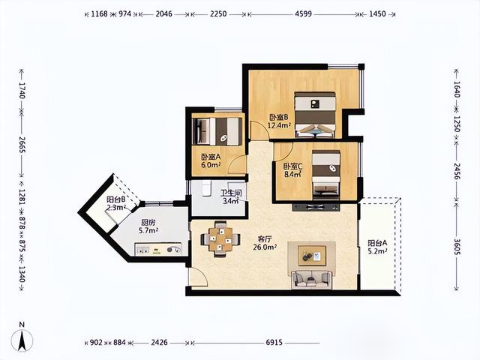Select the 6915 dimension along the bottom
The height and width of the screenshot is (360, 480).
point(274,343)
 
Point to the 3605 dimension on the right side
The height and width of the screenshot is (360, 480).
point(457,245)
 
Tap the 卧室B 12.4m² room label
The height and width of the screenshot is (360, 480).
point(279,121)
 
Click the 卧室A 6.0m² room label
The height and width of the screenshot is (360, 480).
point(211,161)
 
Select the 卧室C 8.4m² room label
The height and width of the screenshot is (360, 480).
point(292,170)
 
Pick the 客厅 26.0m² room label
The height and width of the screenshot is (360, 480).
point(265,243)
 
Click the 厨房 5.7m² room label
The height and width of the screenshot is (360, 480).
point(148,226)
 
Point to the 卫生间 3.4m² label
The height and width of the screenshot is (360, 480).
point(231,196)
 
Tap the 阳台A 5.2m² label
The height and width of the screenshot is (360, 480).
point(377,247)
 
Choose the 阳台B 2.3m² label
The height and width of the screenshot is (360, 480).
point(116,203)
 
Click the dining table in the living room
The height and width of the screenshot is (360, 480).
point(220,239)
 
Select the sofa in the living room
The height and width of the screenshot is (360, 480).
point(311,279)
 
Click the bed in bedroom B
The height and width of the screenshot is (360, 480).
point(315,115)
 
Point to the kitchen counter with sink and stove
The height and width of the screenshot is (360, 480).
point(158,249)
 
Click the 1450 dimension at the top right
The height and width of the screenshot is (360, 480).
point(377,13)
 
